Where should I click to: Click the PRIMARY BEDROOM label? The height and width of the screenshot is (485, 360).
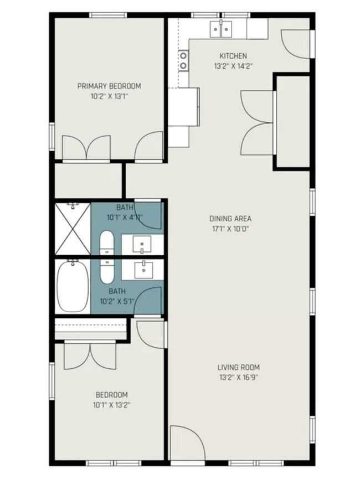109,86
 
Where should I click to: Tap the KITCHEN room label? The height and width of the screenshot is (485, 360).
233,56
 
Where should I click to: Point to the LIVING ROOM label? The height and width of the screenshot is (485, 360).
238,367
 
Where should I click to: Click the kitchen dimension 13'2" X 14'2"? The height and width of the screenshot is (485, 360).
233,66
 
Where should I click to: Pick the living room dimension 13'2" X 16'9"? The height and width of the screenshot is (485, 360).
238,378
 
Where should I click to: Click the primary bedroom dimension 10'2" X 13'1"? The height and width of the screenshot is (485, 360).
109,96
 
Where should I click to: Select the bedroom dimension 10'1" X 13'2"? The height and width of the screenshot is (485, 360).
112,405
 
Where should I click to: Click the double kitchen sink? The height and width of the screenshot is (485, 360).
220,28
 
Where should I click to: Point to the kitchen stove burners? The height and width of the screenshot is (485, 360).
182,60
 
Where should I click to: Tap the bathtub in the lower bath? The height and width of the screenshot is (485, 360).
72,286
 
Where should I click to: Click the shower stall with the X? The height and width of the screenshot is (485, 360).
72,229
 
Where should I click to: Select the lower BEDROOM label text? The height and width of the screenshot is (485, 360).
112,395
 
